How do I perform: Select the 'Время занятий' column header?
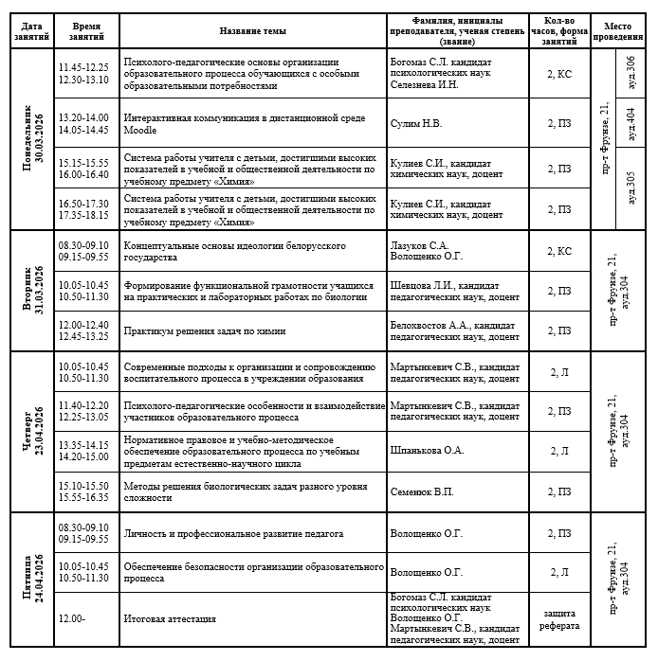[86, 30]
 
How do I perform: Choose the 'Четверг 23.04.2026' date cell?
[33, 432]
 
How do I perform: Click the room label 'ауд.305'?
[631, 188]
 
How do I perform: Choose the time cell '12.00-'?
[72, 619]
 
